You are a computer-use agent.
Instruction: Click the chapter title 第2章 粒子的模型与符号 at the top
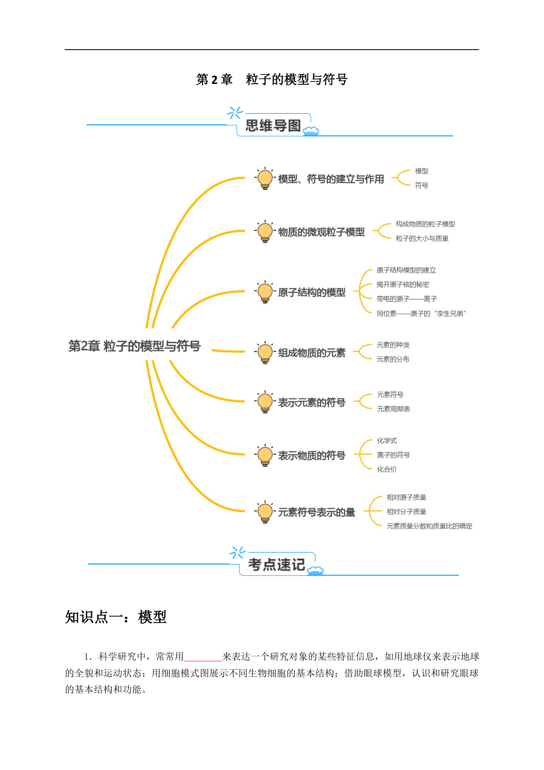(x=272, y=79)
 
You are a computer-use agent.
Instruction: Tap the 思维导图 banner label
(x=273, y=126)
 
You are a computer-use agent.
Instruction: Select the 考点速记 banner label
(x=276, y=565)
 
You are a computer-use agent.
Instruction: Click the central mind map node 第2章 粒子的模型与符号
(x=135, y=346)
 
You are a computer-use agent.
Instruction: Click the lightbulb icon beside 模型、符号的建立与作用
(x=265, y=178)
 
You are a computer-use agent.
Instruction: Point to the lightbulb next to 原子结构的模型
(x=265, y=292)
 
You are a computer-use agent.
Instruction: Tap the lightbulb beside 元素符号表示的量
(x=265, y=512)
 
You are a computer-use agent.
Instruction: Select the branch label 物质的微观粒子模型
(x=321, y=232)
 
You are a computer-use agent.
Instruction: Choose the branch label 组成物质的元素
(x=312, y=353)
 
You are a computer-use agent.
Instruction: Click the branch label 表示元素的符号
(x=312, y=402)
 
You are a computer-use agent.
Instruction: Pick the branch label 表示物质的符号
(x=312, y=455)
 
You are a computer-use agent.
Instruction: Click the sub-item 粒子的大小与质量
(x=422, y=238)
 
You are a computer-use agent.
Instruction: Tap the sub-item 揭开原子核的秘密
(x=403, y=284)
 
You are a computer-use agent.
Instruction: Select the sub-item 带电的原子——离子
(x=407, y=299)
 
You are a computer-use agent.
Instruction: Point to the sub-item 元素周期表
(x=394, y=409)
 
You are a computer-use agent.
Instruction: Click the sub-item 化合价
(x=387, y=469)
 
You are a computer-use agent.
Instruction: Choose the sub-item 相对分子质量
(x=406, y=512)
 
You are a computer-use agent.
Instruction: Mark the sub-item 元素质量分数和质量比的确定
(x=430, y=526)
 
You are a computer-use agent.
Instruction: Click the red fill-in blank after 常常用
(x=203, y=660)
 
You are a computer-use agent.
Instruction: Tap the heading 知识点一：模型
(x=116, y=617)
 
